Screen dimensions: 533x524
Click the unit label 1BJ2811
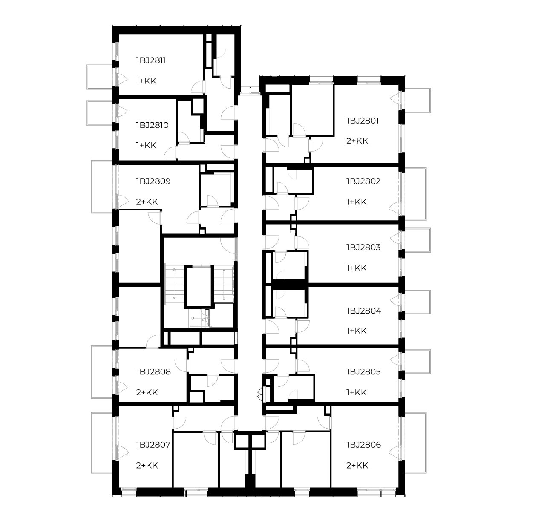pos(151,60)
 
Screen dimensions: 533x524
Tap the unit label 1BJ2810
pos(152,125)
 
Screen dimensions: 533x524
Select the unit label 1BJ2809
pos(153,181)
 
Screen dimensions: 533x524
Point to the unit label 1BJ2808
pos(153,371)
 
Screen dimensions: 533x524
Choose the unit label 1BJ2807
pos(153,445)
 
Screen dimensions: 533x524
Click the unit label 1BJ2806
pos(363,445)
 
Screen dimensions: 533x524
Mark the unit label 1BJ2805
pos(363,371)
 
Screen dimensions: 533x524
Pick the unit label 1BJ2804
pos(364,311)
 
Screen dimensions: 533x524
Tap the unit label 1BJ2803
pos(363,247)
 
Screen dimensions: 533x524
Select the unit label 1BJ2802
pos(363,181)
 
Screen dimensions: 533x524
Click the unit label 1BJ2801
pos(362,121)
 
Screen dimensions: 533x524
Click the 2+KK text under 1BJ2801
pos(357,141)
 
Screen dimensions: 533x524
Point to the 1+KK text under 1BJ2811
pos(146,81)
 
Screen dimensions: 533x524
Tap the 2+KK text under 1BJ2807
pos(147,465)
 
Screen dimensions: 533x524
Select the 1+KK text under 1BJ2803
pos(356,268)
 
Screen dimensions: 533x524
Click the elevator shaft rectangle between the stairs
pos(199,286)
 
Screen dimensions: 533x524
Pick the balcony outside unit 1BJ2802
pos(415,194)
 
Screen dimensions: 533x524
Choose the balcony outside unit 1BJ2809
pos(102,187)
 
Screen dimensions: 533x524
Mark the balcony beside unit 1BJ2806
pos(415,443)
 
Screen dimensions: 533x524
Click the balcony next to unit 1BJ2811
pos(100,77)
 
